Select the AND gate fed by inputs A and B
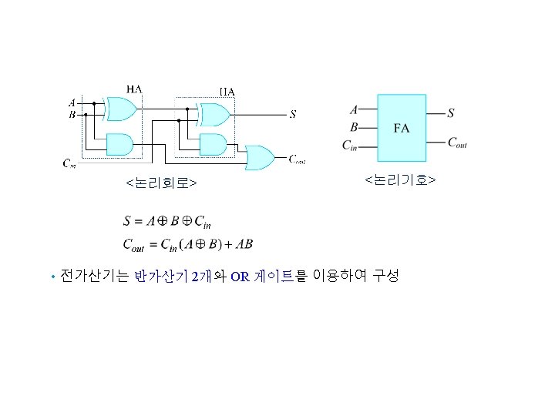tap(119, 144)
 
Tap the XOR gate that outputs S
tap(214, 115)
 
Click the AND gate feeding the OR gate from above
tap(214, 144)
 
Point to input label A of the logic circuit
tap(72, 102)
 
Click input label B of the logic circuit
tap(72, 115)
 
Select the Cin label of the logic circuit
tap(69, 163)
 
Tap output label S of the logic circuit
tap(292, 116)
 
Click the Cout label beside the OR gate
tap(298, 159)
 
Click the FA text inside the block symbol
tap(401, 127)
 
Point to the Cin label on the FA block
tap(350, 144)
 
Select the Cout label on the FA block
tap(457, 143)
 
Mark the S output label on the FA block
tap(451, 112)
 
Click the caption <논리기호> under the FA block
tap(400, 179)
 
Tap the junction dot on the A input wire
tap(93, 102)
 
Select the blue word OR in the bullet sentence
tap(239, 277)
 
